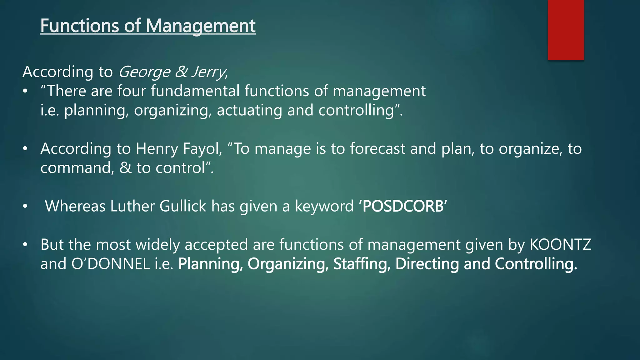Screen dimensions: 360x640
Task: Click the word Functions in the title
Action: pyautogui.click(x=79, y=26)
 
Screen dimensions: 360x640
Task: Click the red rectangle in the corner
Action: pyautogui.click(x=566, y=30)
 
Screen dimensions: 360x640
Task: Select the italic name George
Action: pyautogui.click(x=144, y=72)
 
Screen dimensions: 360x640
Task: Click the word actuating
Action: pyautogui.click(x=249, y=110)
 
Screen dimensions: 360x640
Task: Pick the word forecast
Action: pyautogui.click(x=377, y=149)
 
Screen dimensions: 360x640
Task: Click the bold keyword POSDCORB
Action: pyautogui.click(x=403, y=206)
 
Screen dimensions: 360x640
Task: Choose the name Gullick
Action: pyautogui.click(x=183, y=206)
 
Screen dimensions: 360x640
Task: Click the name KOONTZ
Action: pyautogui.click(x=561, y=245)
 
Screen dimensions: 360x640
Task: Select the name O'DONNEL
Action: pyautogui.click(x=111, y=264)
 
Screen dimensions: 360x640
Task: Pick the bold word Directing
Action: pyautogui.click(x=427, y=264)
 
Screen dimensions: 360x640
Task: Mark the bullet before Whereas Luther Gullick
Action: pyautogui.click(x=25, y=206)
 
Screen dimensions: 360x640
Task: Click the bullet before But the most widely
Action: pyautogui.click(x=25, y=245)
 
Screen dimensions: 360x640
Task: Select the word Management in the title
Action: pyautogui.click(x=201, y=26)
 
